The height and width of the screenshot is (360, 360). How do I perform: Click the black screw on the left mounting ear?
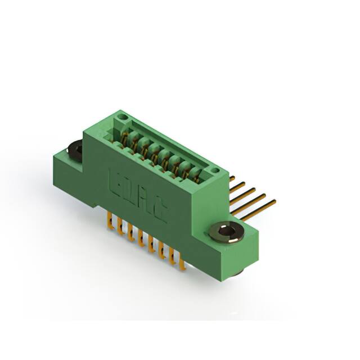74,149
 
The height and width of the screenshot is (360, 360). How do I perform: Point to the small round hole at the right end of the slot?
214,170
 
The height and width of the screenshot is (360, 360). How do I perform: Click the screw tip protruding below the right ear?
238,273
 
